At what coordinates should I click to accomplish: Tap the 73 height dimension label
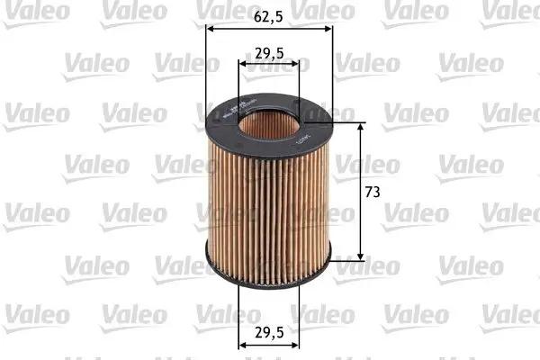coord(371,193)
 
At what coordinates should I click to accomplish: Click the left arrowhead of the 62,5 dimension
coord(211,28)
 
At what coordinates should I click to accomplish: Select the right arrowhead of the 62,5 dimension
coord(328,28)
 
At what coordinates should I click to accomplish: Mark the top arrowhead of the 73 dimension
coord(361,127)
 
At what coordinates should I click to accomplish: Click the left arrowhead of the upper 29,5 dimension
coord(242,65)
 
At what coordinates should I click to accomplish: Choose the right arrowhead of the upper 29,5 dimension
coord(297,65)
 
